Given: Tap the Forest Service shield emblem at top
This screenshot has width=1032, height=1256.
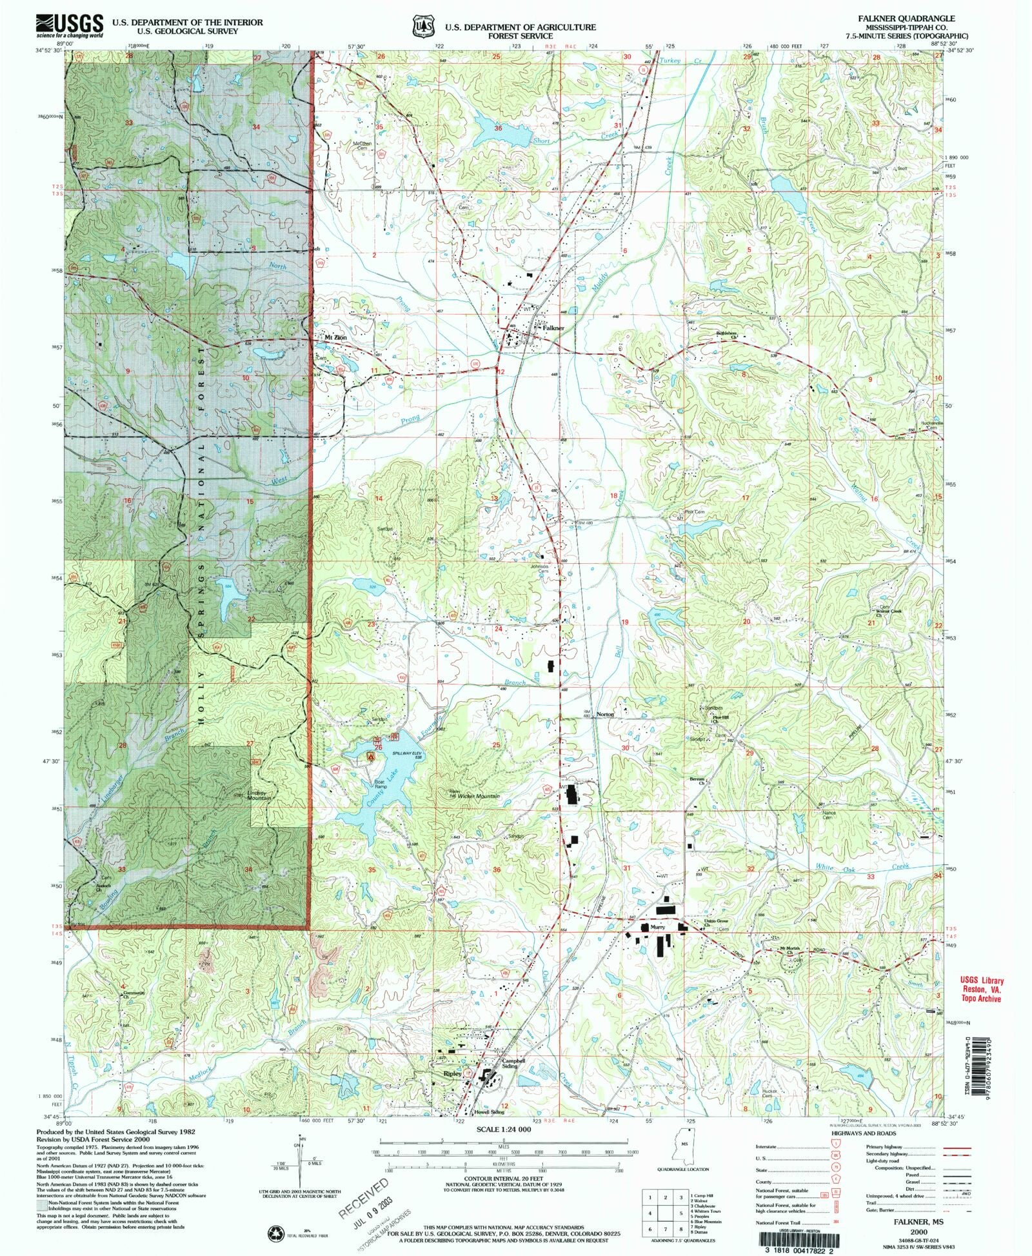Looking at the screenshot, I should pos(423,26).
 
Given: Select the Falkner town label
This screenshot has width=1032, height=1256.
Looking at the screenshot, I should pos(553,328).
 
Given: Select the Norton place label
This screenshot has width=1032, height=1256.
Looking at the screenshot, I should pos(605,714).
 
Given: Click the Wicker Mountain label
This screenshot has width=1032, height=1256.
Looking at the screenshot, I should pos(479,796).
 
